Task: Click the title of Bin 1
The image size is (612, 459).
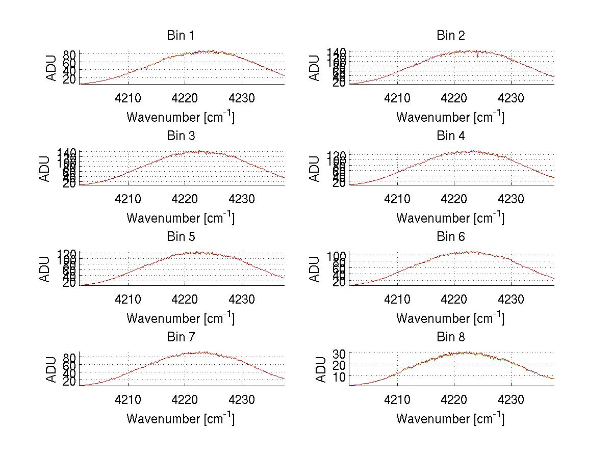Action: [x=180, y=36]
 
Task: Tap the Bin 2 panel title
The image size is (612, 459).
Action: [x=450, y=36]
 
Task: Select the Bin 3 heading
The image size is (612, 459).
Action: [x=180, y=136]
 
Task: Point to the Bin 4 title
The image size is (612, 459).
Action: [x=450, y=136]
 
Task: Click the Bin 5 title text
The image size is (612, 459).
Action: [x=180, y=237]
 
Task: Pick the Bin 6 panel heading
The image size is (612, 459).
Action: [x=450, y=237]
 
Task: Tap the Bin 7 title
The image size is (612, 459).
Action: [x=180, y=337]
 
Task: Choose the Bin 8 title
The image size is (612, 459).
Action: [x=450, y=337]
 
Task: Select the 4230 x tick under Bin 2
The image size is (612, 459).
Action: [x=511, y=98]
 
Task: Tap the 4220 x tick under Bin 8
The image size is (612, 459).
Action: [x=454, y=400]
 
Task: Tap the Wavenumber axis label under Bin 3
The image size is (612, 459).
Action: [x=180, y=218]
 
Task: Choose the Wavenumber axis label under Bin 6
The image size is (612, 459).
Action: [x=450, y=318]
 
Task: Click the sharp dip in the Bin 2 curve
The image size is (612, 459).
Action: [x=477, y=55]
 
